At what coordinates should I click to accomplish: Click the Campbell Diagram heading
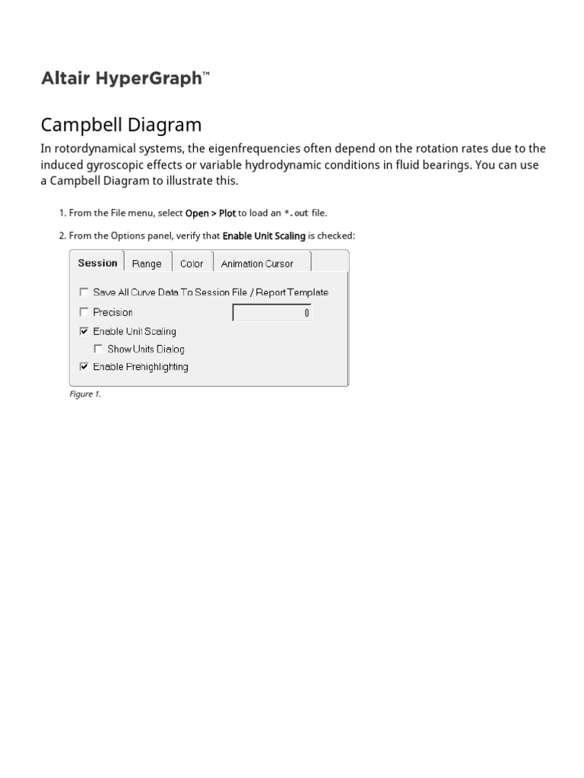(x=121, y=125)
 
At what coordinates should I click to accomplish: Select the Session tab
(x=97, y=263)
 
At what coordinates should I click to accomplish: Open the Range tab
(x=147, y=264)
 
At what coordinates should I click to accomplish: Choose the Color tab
(x=192, y=264)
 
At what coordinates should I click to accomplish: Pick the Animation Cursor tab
(x=257, y=264)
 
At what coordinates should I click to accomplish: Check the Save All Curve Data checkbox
(x=84, y=292)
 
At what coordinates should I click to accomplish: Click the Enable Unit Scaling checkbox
(x=84, y=331)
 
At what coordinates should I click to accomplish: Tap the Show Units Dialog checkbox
(x=98, y=349)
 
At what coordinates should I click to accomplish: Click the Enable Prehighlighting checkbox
(x=84, y=367)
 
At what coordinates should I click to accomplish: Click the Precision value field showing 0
(x=271, y=313)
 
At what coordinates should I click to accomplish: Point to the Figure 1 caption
(x=84, y=394)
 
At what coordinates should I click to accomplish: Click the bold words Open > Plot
(x=211, y=213)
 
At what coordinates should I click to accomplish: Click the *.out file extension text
(x=296, y=213)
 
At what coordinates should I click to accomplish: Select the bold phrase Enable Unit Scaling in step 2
(x=263, y=236)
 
